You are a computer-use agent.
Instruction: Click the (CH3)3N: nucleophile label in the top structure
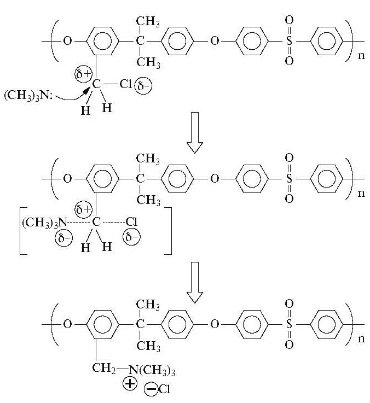coord(28,95)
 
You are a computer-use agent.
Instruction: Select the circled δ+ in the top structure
coord(83,74)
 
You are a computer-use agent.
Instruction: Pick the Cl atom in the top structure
coord(126,84)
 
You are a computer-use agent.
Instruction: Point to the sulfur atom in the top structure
coord(289,41)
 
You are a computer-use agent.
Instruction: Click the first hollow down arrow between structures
coord(195,133)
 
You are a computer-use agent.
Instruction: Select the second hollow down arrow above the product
coord(195,282)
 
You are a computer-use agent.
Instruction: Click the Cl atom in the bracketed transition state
coord(131,222)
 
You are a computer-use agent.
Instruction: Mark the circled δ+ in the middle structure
coord(83,209)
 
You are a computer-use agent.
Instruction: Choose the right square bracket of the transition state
coord(168,231)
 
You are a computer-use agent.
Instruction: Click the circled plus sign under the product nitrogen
coord(130,384)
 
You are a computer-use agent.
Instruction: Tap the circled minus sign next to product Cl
coord(151,389)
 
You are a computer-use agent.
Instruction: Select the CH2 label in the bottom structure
coord(104,369)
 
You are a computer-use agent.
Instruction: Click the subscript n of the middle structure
coord(361,193)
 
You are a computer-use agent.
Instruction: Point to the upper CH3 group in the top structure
coord(148,21)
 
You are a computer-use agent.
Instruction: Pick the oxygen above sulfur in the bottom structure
coord(289,304)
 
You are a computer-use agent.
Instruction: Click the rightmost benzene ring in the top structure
coord(327,41)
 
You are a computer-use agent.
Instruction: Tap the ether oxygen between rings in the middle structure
coord(215,179)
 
